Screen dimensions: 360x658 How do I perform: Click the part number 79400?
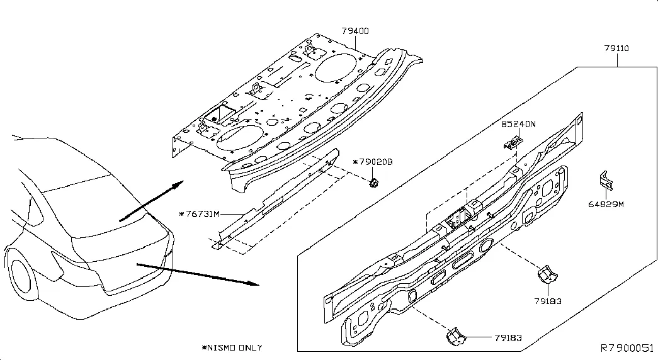[x=355, y=30]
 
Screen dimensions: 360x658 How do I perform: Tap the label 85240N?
[x=518, y=125]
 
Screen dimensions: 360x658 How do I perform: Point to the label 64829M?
[x=606, y=205]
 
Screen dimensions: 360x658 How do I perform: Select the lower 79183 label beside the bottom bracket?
[x=508, y=339]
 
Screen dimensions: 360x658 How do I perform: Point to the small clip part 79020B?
[x=373, y=183]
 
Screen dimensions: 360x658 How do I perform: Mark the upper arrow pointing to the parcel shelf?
[x=151, y=200]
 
